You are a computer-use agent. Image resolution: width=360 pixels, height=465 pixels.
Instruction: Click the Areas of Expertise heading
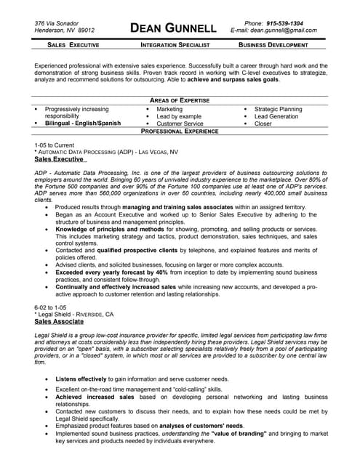pyautogui.click(x=179, y=100)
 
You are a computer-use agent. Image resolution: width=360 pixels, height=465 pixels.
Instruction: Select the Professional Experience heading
pyautogui.click(x=179, y=132)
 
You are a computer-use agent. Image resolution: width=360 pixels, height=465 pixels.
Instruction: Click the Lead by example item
pyautogui.click(x=179, y=116)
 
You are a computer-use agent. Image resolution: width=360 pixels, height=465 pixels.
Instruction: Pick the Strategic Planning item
pyautogui.click(x=278, y=109)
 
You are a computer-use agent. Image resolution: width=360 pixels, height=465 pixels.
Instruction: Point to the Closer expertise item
pyautogui.click(x=263, y=124)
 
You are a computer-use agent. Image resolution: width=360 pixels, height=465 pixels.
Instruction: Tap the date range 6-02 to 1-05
pyautogui.click(x=50, y=287)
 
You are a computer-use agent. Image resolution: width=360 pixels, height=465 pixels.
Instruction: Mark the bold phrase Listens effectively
pyautogui.click(x=81, y=379)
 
